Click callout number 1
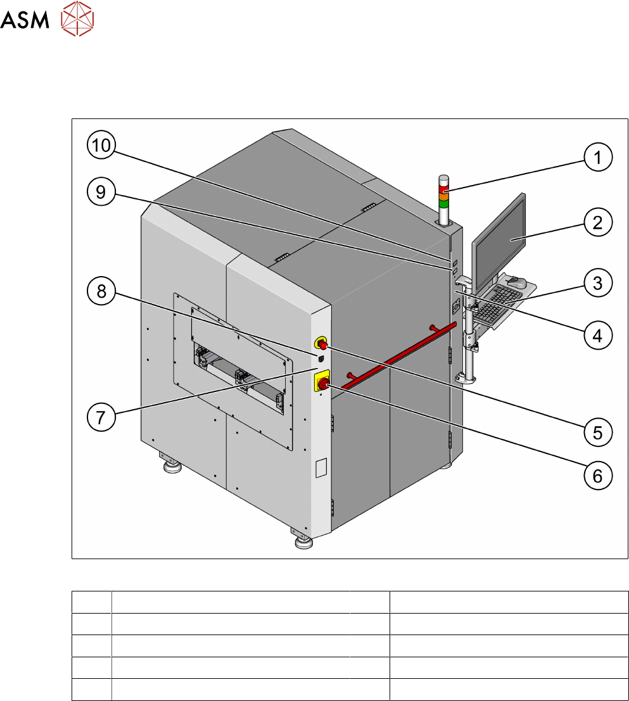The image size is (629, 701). tap(598, 157)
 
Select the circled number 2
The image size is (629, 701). tap(598, 223)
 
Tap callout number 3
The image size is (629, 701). tap(598, 282)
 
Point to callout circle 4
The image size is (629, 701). tap(598, 335)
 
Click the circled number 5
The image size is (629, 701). tap(598, 433)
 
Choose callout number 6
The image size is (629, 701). tap(598, 476)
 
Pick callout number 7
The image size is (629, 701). tap(101, 417)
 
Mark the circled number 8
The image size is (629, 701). tap(101, 291)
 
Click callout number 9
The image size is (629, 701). tap(101, 192)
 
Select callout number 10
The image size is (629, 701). tap(101, 145)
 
